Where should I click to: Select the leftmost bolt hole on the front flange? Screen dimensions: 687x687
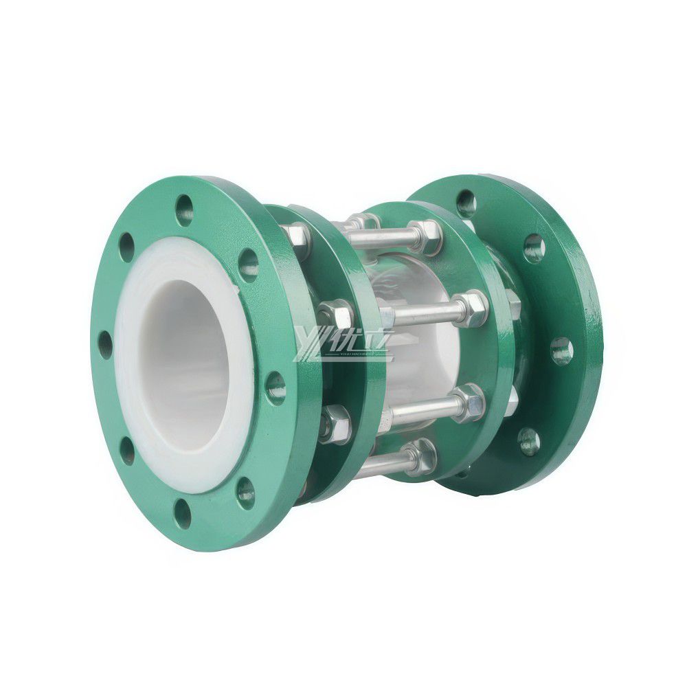coord(104,343)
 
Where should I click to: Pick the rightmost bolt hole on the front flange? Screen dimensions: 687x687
coord(276,387)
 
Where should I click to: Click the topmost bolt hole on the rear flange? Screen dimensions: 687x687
coord(466,201)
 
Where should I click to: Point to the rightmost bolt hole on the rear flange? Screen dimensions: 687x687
coord(561,351)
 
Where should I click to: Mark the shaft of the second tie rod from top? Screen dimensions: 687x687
coord(419,313)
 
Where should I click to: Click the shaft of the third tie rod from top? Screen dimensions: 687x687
coord(419,407)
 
